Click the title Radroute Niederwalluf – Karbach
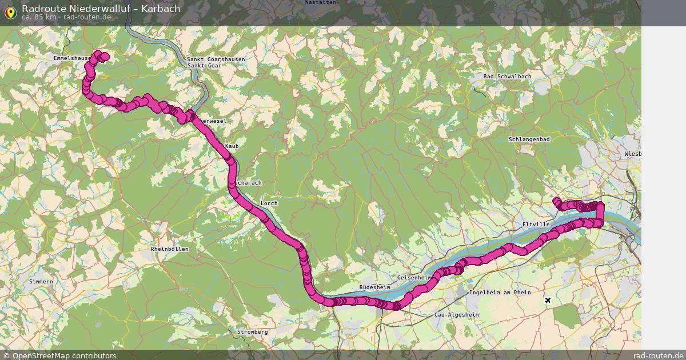101,8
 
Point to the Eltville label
536,225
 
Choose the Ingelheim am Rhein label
500,293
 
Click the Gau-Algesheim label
456,315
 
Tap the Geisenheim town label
413,277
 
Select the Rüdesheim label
375,287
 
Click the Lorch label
269,203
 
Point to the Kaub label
232,147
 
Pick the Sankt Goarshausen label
216,59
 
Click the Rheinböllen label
169,249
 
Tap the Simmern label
41,282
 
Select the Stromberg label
252,332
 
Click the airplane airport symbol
549,300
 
